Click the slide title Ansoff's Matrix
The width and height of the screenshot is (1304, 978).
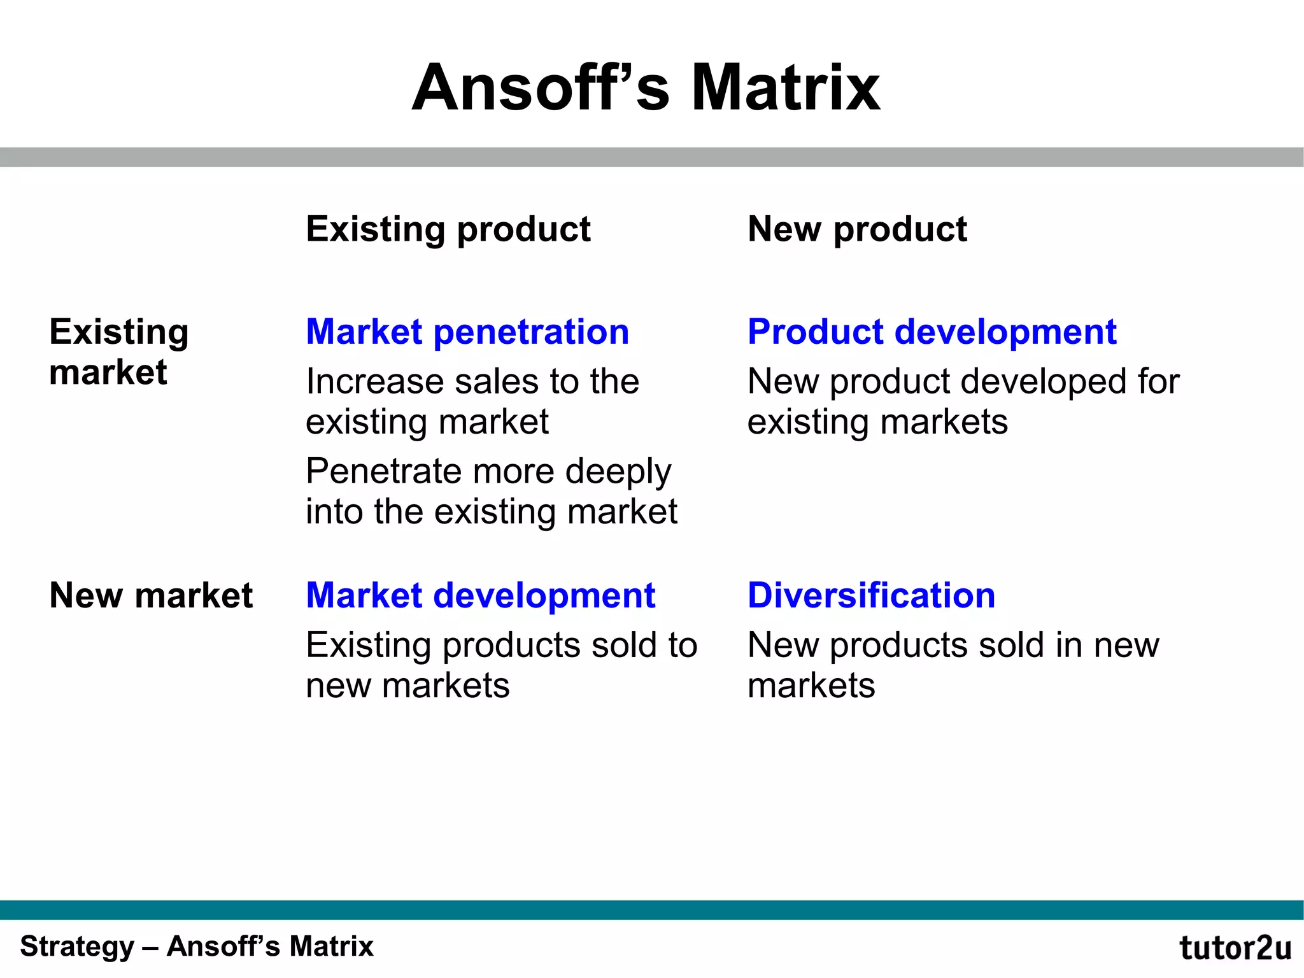pos(646,88)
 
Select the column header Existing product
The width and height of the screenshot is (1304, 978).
pos(448,229)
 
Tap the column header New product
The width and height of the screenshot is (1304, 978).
pos(857,229)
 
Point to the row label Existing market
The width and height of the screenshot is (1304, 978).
pos(119,351)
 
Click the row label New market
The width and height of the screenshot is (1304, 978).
pos(151,595)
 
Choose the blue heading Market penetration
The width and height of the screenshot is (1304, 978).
pos(467,332)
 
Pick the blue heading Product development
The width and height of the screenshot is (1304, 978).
pos(932,332)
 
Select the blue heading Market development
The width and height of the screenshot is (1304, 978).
pos(481,595)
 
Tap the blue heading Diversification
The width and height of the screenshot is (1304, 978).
pos(871,595)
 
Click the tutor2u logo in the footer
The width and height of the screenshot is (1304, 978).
pos(1235,948)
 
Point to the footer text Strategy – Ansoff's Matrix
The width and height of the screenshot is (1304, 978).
pos(197,946)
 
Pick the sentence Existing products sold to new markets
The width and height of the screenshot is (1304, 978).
pos(501,665)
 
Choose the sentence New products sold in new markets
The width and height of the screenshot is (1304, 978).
pos(953,665)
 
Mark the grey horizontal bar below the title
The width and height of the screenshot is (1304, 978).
pos(652,157)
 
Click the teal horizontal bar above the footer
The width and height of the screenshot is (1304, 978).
pos(652,910)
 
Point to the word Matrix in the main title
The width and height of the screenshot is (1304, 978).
pos(785,88)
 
